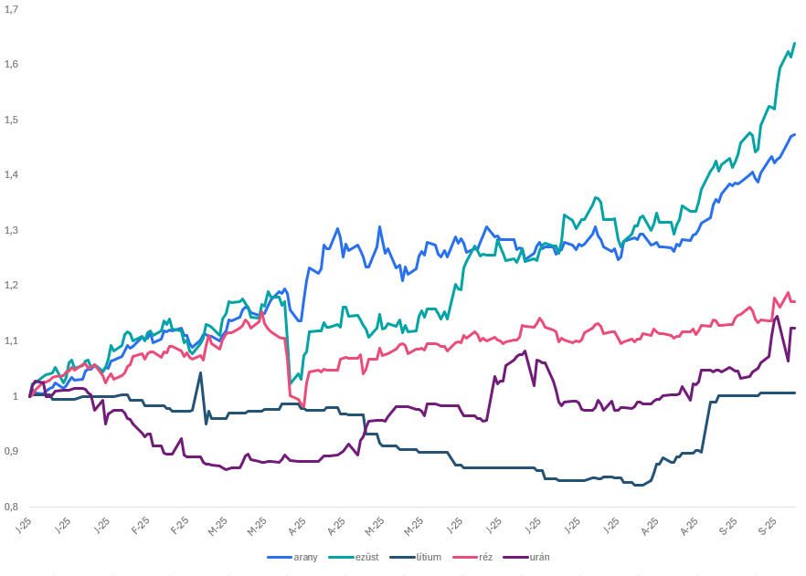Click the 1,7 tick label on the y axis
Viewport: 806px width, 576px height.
point(13,9)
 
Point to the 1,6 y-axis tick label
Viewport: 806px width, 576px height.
point(13,65)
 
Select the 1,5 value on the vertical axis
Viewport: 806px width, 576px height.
point(13,120)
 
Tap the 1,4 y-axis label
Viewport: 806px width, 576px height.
point(13,175)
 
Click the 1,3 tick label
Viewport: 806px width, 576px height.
point(13,230)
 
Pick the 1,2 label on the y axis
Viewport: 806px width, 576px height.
point(13,286)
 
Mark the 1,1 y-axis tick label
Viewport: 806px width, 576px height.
point(13,340)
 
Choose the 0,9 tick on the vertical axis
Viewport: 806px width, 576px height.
point(13,451)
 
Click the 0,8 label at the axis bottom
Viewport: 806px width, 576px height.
point(13,507)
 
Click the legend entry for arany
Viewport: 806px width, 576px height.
point(305,556)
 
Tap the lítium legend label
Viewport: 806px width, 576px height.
point(429,556)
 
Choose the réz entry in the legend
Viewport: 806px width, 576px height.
point(485,556)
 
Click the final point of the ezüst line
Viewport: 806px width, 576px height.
point(794,43)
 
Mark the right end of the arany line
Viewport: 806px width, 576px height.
point(794,134)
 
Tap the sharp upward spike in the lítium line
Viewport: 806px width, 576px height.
point(200,372)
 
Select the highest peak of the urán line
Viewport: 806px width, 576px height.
point(776,317)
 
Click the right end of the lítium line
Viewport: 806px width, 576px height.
point(794,393)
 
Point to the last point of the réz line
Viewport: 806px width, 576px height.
point(794,301)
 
